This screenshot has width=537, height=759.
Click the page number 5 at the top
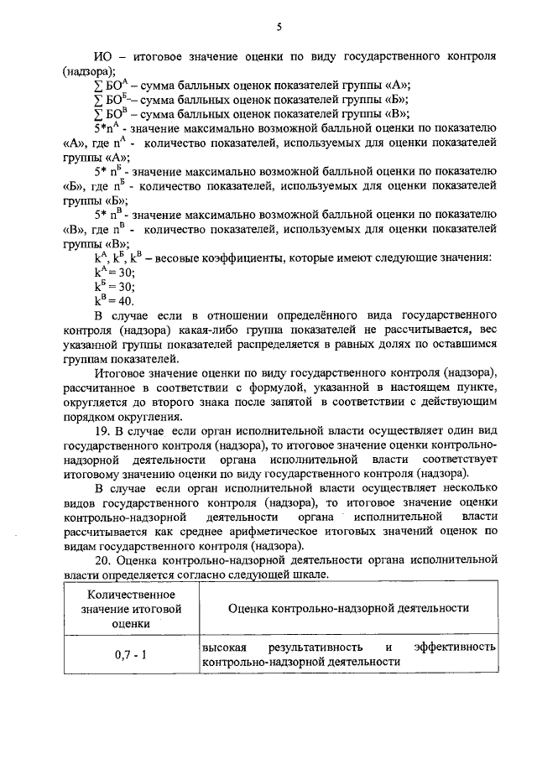coord(278,27)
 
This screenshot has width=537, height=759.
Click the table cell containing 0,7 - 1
coord(131,654)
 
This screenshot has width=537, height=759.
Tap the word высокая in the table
coord(224,647)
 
